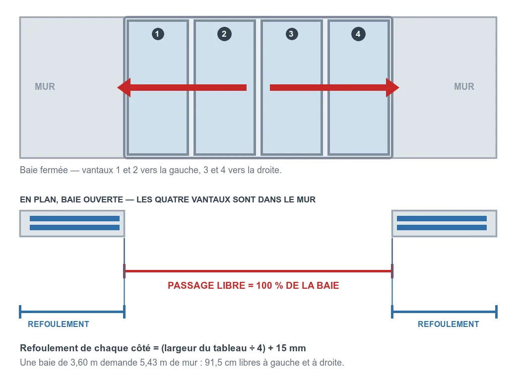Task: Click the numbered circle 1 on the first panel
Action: coord(158,34)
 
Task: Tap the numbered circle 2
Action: coord(224,34)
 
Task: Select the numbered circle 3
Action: coord(291,34)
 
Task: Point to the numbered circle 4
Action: coord(358,34)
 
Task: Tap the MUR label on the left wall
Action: coord(45,86)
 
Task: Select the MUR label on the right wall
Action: coord(464,86)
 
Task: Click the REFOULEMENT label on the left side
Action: coord(59,324)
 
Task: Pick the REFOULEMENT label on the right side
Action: coord(449,324)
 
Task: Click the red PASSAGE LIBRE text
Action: coord(254,285)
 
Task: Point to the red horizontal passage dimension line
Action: coord(258,271)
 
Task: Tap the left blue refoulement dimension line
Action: coord(72,312)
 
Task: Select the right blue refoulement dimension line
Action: coord(444,312)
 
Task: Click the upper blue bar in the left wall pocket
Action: coord(75,218)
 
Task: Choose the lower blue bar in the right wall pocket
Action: coord(442,227)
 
